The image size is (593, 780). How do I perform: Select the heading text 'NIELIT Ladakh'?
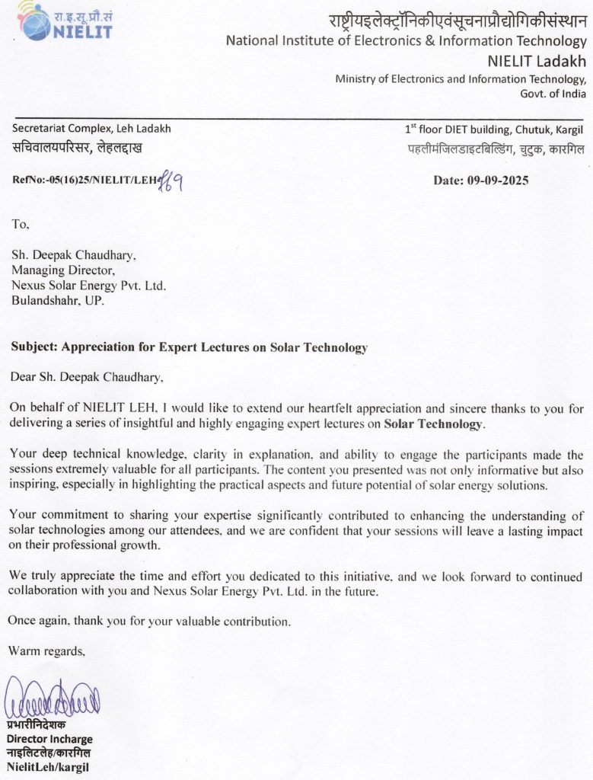pyautogui.click(x=537, y=61)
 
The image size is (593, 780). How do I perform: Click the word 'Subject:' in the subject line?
pyautogui.click(x=34, y=347)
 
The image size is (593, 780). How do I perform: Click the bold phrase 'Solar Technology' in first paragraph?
pyautogui.click(x=433, y=424)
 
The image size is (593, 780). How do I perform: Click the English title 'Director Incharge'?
pyautogui.click(x=49, y=739)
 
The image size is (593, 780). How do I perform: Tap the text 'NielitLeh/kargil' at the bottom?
pyautogui.click(x=48, y=766)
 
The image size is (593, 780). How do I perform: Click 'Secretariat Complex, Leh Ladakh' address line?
pyautogui.click(x=91, y=129)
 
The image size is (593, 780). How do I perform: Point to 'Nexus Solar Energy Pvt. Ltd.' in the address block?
pyautogui.click(x=88, y=285)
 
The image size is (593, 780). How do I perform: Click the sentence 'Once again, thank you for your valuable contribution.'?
pyautogui.click(x=149, y=621)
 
